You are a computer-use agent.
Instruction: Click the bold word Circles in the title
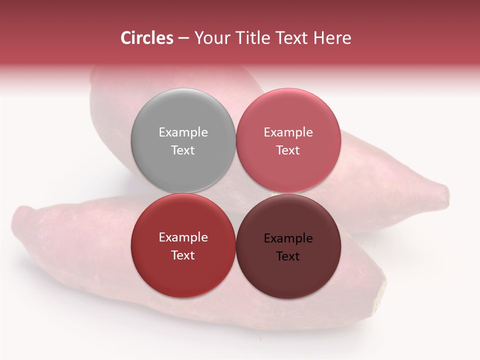point(147,38)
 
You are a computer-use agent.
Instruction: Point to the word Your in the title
point(210,38)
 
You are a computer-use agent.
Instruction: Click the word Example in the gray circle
point(183,132)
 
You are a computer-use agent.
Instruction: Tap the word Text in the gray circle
point(183,150)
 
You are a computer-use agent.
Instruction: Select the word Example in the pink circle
point(288,132)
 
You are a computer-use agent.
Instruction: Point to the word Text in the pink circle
point(288,150)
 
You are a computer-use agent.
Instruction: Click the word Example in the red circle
point(183,237)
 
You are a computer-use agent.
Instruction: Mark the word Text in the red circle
point(183,255)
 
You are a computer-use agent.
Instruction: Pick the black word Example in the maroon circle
point(288,238)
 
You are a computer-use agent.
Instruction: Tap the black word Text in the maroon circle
point(288,256)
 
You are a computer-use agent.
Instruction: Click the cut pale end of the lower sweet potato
point(382,290)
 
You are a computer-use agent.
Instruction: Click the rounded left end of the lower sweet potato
point(20,220)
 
